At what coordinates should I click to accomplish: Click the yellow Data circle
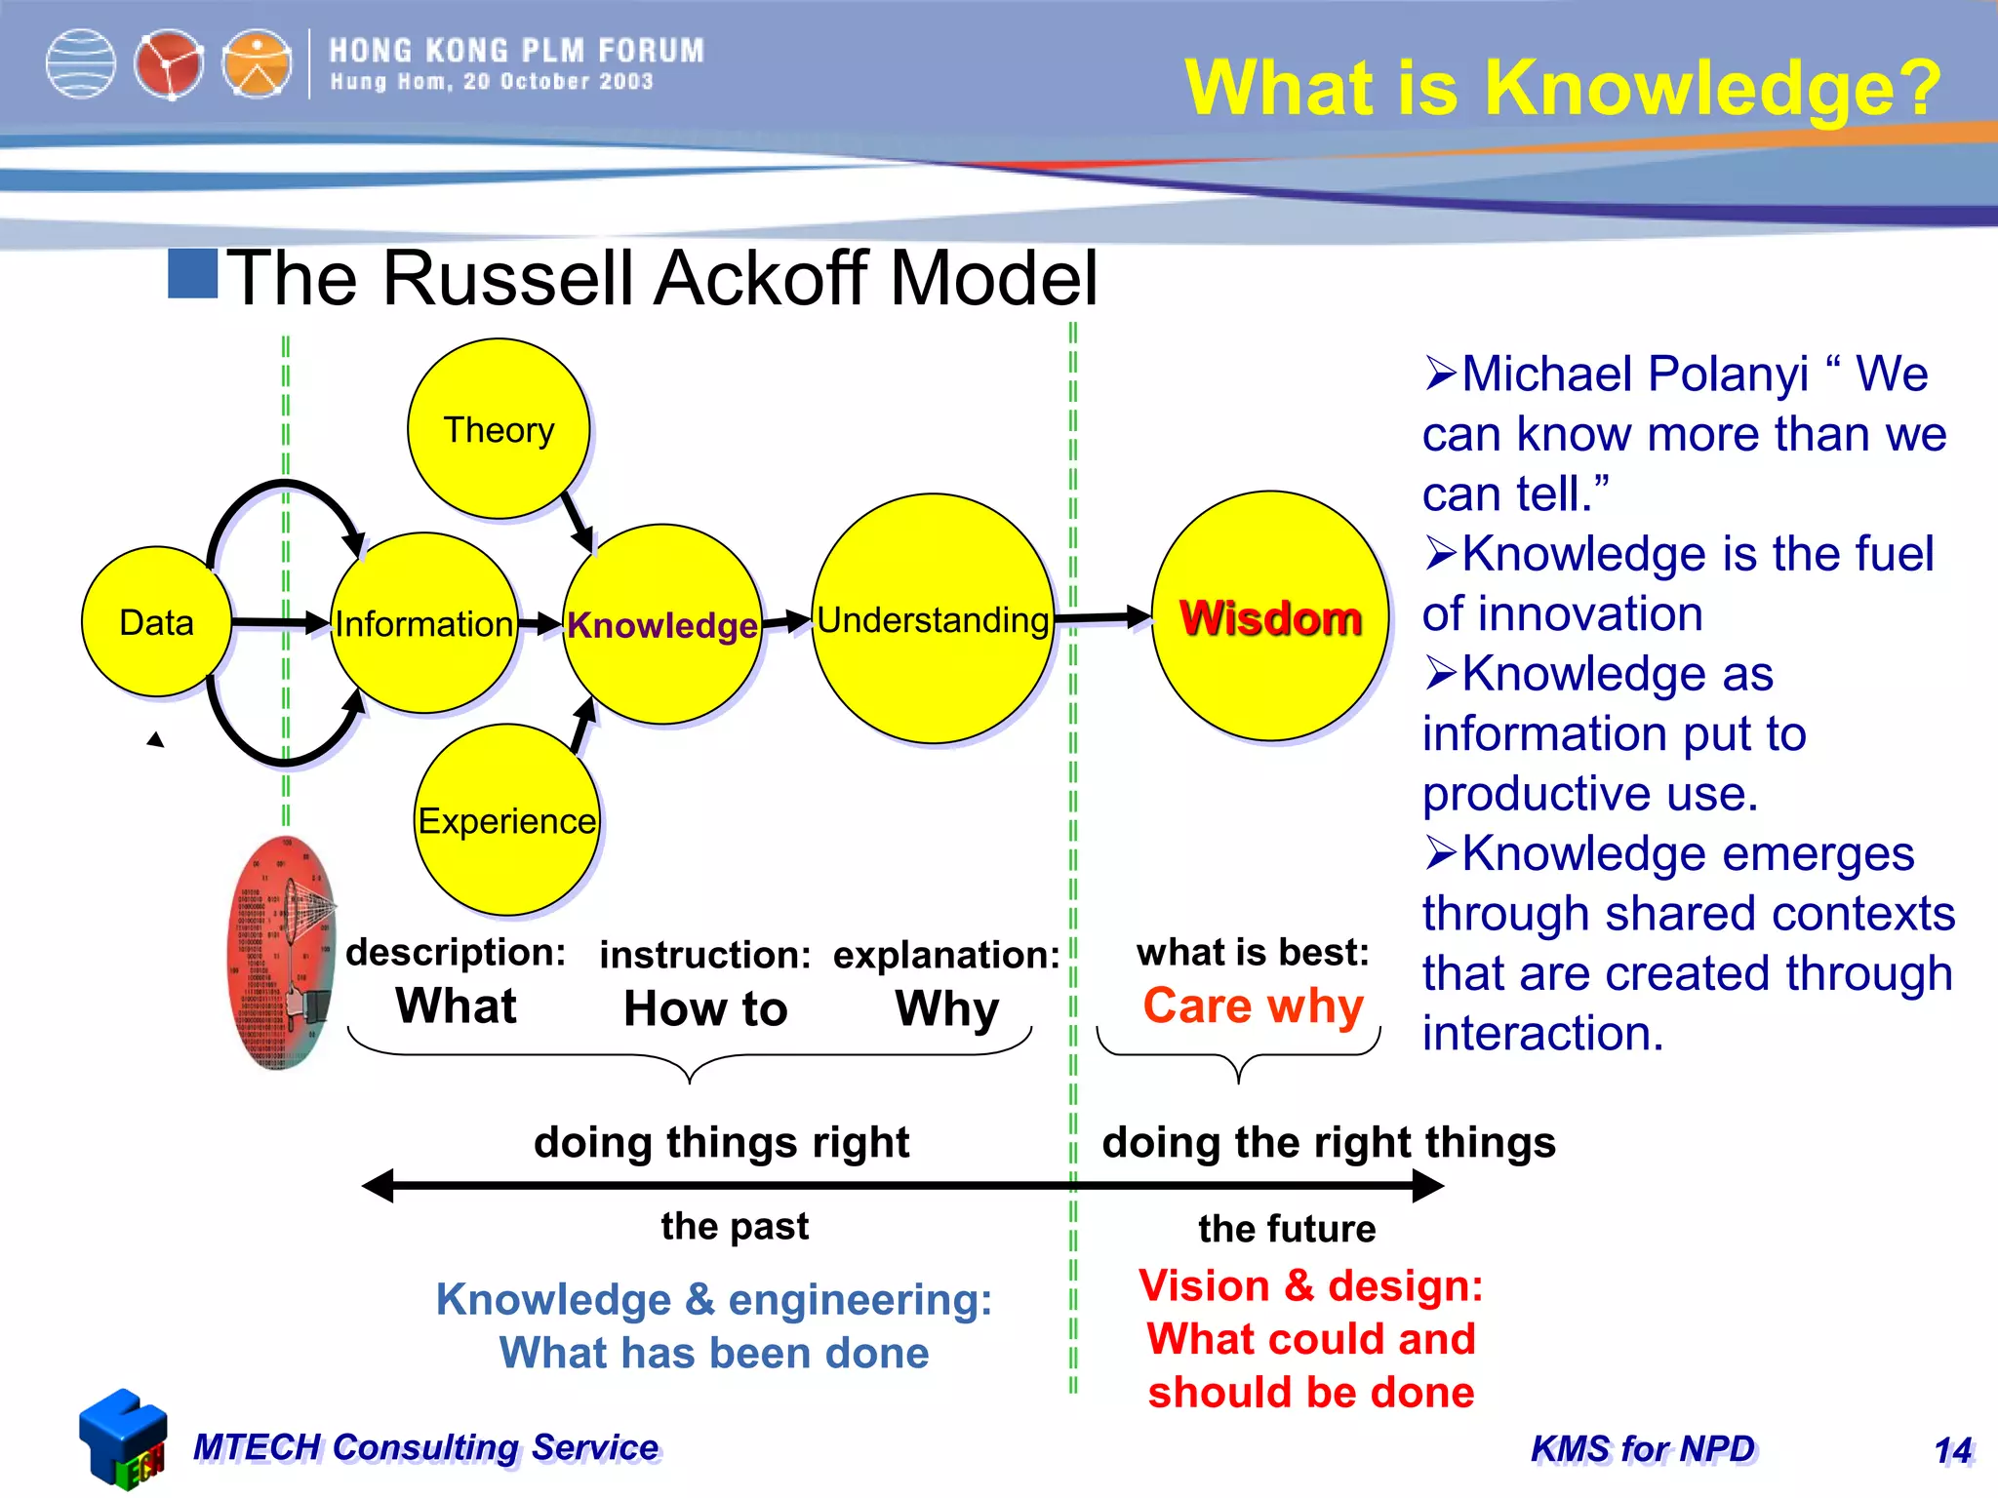point(156,622)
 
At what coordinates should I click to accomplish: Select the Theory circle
point(499,429)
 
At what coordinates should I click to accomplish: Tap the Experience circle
point(506,821)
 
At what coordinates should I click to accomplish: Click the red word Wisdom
point(1270,618)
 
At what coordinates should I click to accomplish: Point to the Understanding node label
point(933,620)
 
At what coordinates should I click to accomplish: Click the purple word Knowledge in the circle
point(662,625)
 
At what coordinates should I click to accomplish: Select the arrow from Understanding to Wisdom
point(1102,617)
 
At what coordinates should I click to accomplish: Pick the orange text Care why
point(1253,1006)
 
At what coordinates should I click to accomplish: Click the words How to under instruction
point(705,1009)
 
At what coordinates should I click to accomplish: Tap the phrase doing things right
point(721,1142)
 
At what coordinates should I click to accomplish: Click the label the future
point(1287,1229)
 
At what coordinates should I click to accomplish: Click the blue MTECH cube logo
point(123,1439)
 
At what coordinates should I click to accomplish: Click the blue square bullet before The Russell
point(192,274)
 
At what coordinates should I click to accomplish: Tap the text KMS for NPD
point(1643,1449)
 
